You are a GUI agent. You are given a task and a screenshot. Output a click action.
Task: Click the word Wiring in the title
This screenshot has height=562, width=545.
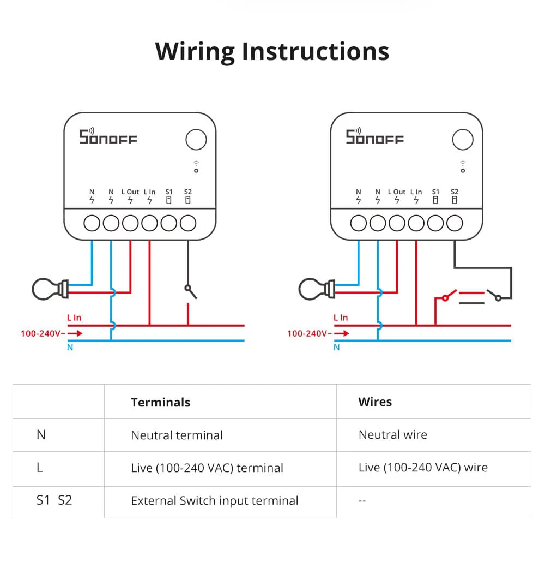click(x=195, y=51)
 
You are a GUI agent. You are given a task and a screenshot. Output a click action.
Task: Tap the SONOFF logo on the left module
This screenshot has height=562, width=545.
click(x=108, y=137)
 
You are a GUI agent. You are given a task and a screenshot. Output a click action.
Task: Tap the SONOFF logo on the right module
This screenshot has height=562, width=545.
click(x=375, y=137)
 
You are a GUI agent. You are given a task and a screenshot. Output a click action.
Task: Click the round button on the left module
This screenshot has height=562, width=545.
click(x=196, y=140)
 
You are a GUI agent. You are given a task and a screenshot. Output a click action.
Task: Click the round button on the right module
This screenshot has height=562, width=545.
click(x=463, y=140)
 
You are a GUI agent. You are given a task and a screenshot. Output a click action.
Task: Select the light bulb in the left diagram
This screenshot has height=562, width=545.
click(x=49, y=289)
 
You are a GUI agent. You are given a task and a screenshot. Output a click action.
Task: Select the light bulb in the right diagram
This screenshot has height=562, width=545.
click(x=316, y=289)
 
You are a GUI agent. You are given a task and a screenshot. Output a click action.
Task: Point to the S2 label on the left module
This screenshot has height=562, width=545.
click(x=188, y=192)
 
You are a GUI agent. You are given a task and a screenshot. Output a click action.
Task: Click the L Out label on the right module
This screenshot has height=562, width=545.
click(x=397, y=192)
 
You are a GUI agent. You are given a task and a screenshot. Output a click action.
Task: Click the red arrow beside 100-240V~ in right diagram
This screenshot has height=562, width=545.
click(x=342, y=333)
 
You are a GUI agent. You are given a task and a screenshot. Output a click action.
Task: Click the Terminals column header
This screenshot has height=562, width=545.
click(x=160, y=403)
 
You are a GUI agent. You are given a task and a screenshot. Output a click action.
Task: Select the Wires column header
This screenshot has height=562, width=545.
click(x=375, y=402)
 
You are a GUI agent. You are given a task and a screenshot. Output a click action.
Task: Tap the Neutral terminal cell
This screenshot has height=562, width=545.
click(x=177, y=435)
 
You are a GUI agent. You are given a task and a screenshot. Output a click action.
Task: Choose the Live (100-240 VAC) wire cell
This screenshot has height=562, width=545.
click(x=423, y=468)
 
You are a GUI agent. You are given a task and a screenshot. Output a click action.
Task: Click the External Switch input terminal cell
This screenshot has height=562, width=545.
click(x=214, y=501)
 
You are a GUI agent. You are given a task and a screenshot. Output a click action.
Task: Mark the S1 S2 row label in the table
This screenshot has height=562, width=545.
click(x=54, y=500)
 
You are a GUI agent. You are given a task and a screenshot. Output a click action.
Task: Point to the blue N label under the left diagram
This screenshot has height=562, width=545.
click(x=70, y=348)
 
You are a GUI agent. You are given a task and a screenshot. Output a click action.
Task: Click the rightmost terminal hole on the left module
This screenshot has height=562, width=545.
click(x=188, y=223)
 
